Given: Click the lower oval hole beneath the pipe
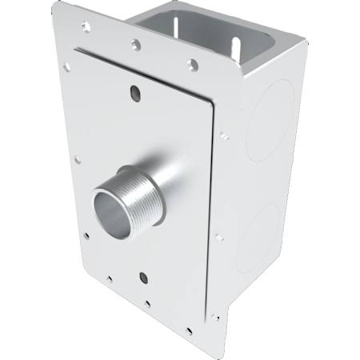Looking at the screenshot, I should (x=142, y=278).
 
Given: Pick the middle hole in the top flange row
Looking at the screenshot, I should (x=137, y=45).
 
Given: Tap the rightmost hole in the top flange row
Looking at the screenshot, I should (x=191, y=64).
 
